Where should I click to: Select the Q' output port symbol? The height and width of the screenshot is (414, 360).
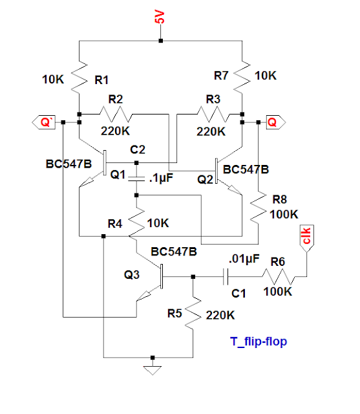click(45, 120)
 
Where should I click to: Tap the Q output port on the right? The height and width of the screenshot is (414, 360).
click(272, 120)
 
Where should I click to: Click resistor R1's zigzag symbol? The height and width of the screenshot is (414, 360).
click(79, 80)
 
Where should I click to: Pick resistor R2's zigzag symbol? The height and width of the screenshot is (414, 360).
click(116, 114)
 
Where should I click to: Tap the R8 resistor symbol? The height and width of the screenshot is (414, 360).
click(257, 205)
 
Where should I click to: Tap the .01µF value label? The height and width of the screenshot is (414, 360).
click(243, 259)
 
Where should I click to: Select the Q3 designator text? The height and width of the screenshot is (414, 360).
click(132, 274)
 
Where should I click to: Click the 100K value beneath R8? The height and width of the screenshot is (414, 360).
click(284, 214)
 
